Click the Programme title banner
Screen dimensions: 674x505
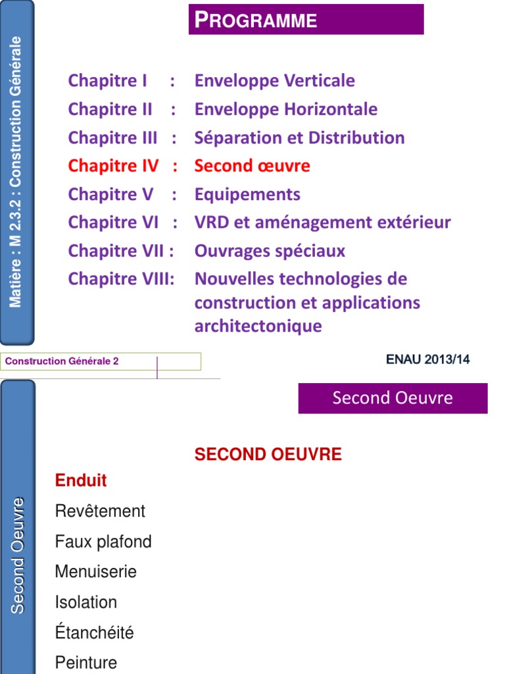306,20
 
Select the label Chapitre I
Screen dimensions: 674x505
107,81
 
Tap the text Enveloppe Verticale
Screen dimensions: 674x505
274,81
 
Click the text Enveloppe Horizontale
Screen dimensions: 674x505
285,109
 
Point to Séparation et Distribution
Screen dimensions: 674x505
299,138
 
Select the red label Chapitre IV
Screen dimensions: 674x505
113,166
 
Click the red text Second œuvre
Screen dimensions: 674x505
252,166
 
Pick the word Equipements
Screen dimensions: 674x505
247,195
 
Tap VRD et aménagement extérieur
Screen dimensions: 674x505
322,222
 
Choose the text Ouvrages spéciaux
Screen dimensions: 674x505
270,251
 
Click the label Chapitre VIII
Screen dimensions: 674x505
120,279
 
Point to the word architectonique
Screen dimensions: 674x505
258,326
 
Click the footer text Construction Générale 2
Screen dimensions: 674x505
62,361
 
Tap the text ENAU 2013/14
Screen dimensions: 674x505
427,359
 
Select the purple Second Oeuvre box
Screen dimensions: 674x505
393,398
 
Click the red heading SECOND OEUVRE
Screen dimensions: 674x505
268,455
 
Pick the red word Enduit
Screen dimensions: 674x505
81,480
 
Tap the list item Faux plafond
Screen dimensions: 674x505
103,542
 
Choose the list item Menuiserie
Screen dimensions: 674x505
96,572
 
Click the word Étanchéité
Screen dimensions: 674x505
94,633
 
